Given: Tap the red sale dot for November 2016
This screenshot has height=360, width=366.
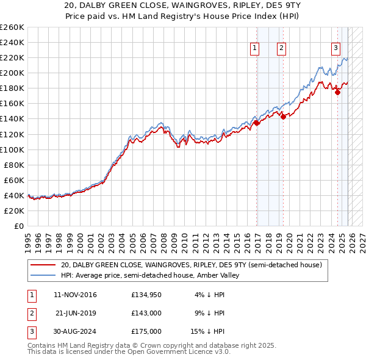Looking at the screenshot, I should coord(257,123).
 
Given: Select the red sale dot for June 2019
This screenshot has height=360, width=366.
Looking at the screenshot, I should coord(284,117).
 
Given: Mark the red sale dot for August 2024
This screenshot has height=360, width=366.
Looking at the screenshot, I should coord(338,92).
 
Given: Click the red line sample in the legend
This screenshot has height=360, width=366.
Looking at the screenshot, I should coord(43,265).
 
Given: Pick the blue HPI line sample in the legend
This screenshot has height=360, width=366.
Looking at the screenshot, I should coord(43,275).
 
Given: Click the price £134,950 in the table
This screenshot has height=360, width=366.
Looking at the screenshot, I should coord(146,295).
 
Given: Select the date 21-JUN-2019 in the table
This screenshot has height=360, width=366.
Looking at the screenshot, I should coord(76,313).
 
